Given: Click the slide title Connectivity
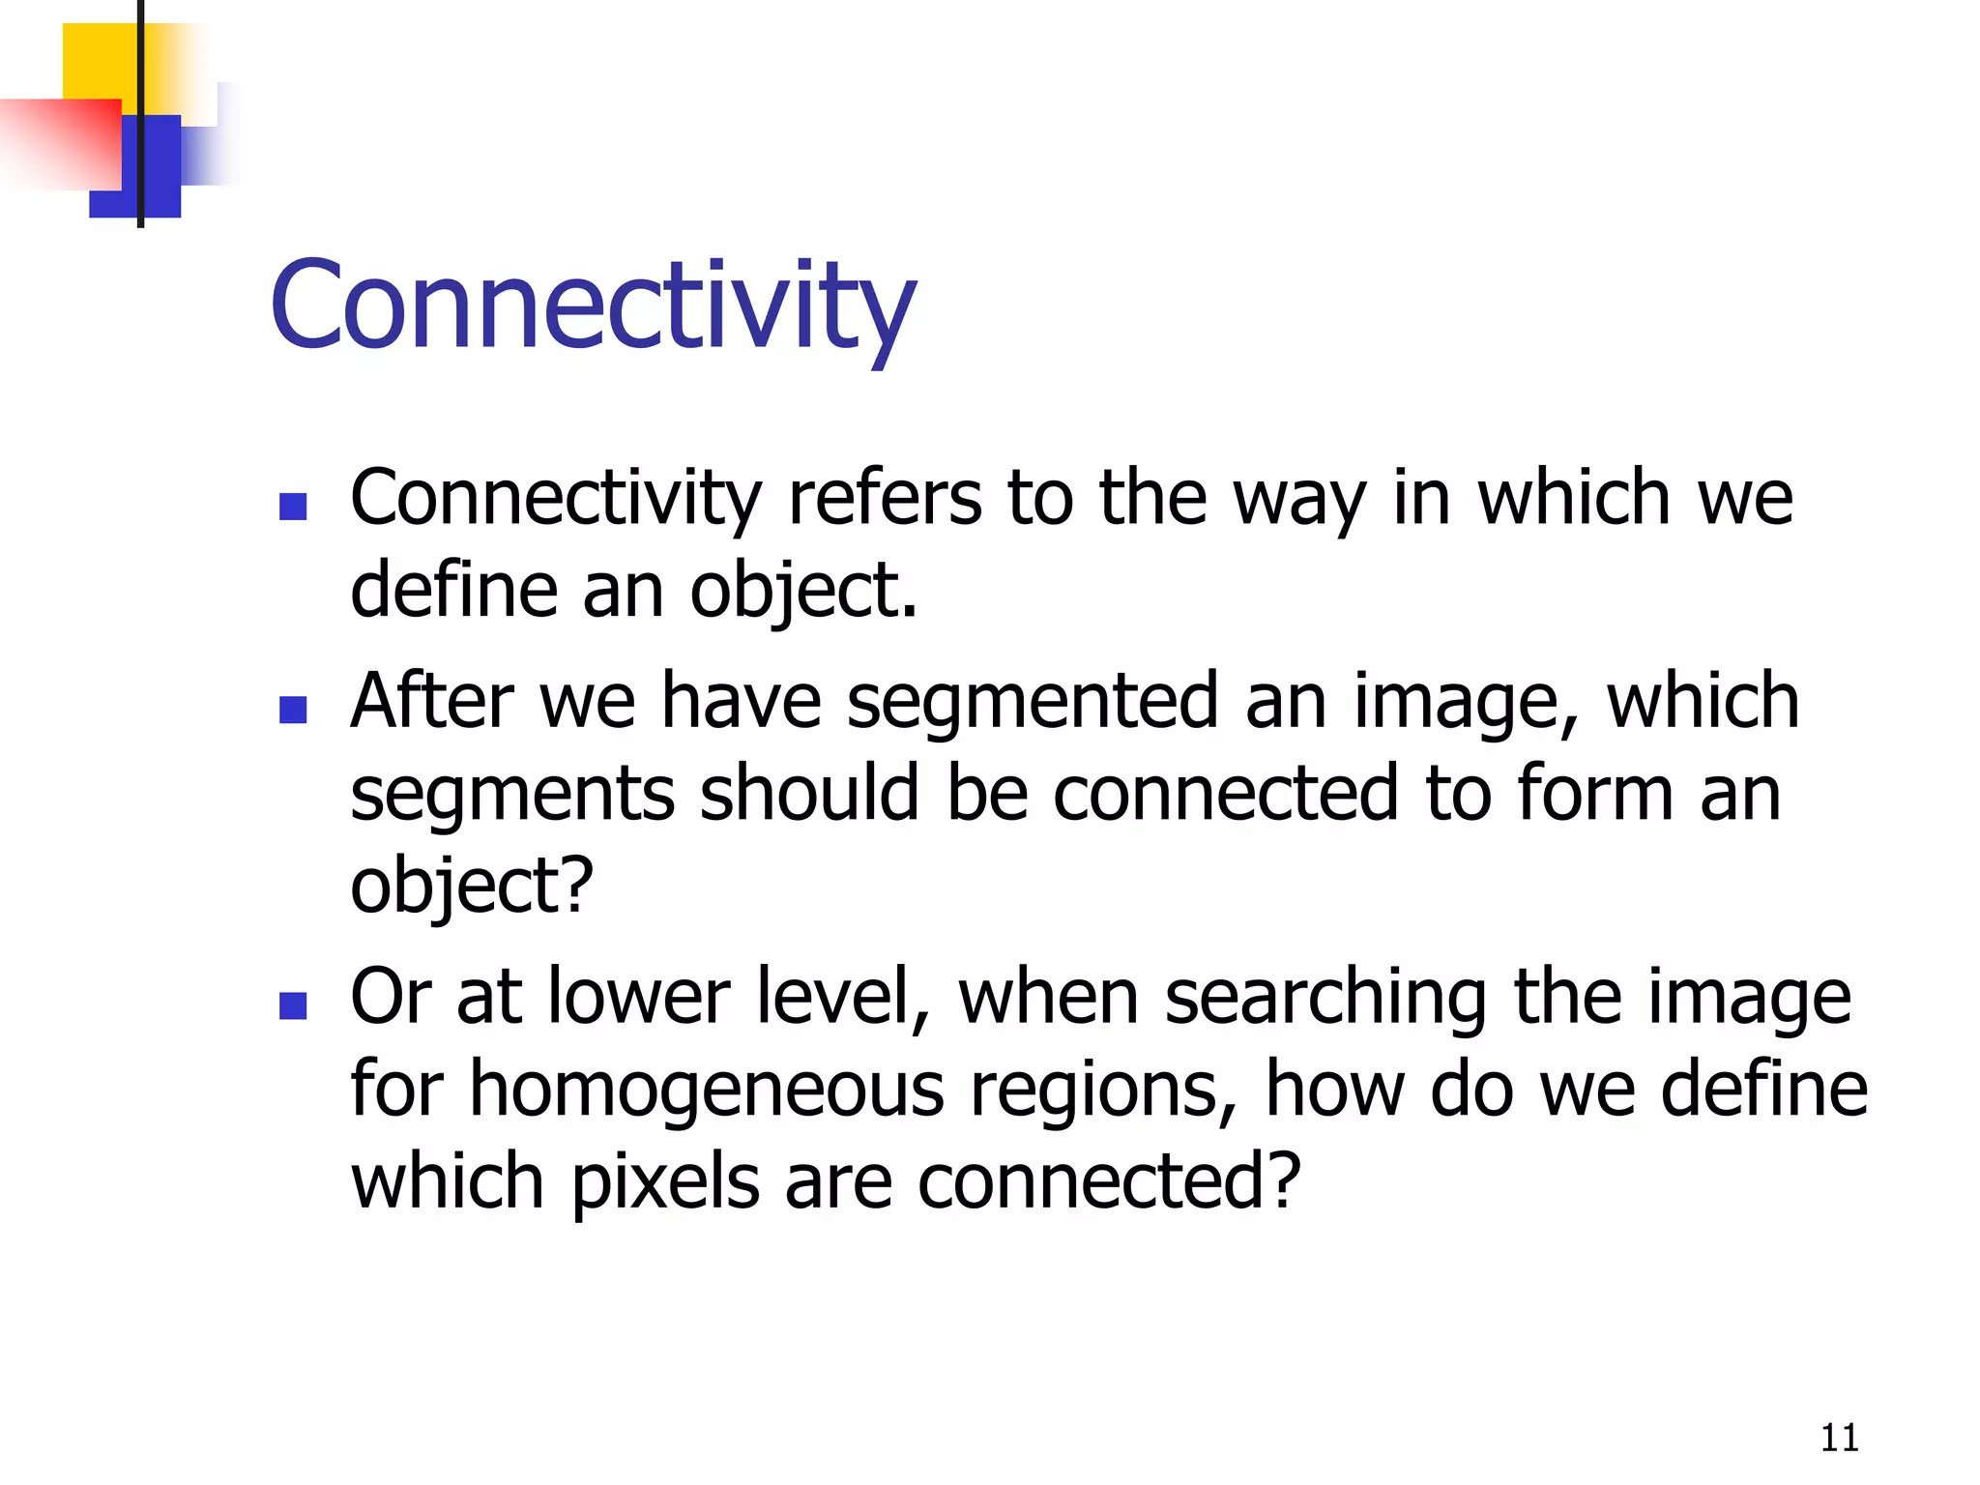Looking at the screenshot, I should [592, 307].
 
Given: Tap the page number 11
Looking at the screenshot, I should [1839, 1439].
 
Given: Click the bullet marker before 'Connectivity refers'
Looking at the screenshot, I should [292, 507].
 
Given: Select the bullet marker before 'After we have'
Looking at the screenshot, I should [292, 711].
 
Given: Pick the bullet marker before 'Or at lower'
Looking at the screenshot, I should [292, 1006].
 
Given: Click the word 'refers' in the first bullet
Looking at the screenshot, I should [885, 499].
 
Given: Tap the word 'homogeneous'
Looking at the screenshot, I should [707, 1091].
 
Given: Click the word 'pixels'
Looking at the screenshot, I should [666, 1182].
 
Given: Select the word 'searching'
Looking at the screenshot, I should [1325, 999].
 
